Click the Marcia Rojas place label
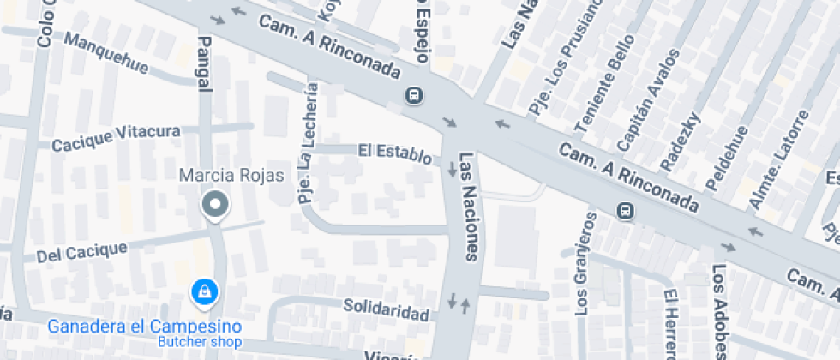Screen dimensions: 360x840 [x=231, y=176]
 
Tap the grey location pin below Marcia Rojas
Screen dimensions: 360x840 [x=215, y=205]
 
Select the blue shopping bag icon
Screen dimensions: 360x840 [x=205, y=291]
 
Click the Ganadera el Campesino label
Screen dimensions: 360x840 [x=144, y=327]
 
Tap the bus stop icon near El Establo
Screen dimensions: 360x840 [x=414, y=94]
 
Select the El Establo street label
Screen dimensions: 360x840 [x=395, y=153]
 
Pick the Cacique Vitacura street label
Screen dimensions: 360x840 [x=116, y=138]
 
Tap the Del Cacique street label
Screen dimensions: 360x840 [x=81, y=251]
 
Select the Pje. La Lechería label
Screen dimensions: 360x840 [x=308, y=142]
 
